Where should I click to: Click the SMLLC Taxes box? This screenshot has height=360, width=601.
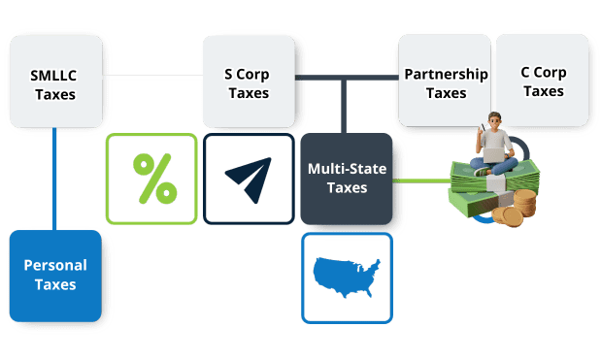(54, 82)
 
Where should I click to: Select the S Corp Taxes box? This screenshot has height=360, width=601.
(249, 82)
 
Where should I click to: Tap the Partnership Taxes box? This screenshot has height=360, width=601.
(445, 82)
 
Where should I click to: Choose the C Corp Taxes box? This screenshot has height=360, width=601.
(543, 80)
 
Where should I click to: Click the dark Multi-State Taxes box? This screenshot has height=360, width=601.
(347, 179)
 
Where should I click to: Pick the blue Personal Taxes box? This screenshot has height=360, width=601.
(55, 276)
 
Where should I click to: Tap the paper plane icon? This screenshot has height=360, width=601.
(249, 179)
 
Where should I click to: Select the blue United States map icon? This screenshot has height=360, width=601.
(347, 277)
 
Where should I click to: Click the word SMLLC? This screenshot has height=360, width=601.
(54, 74)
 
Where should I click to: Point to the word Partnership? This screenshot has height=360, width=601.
(446, 74)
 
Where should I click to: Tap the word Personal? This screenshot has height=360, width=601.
(55, 265)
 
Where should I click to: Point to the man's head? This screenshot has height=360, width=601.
(494, 120)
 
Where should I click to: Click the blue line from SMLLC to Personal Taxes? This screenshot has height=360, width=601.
(54, 179)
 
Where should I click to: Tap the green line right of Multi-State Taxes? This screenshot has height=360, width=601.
(419, 180)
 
